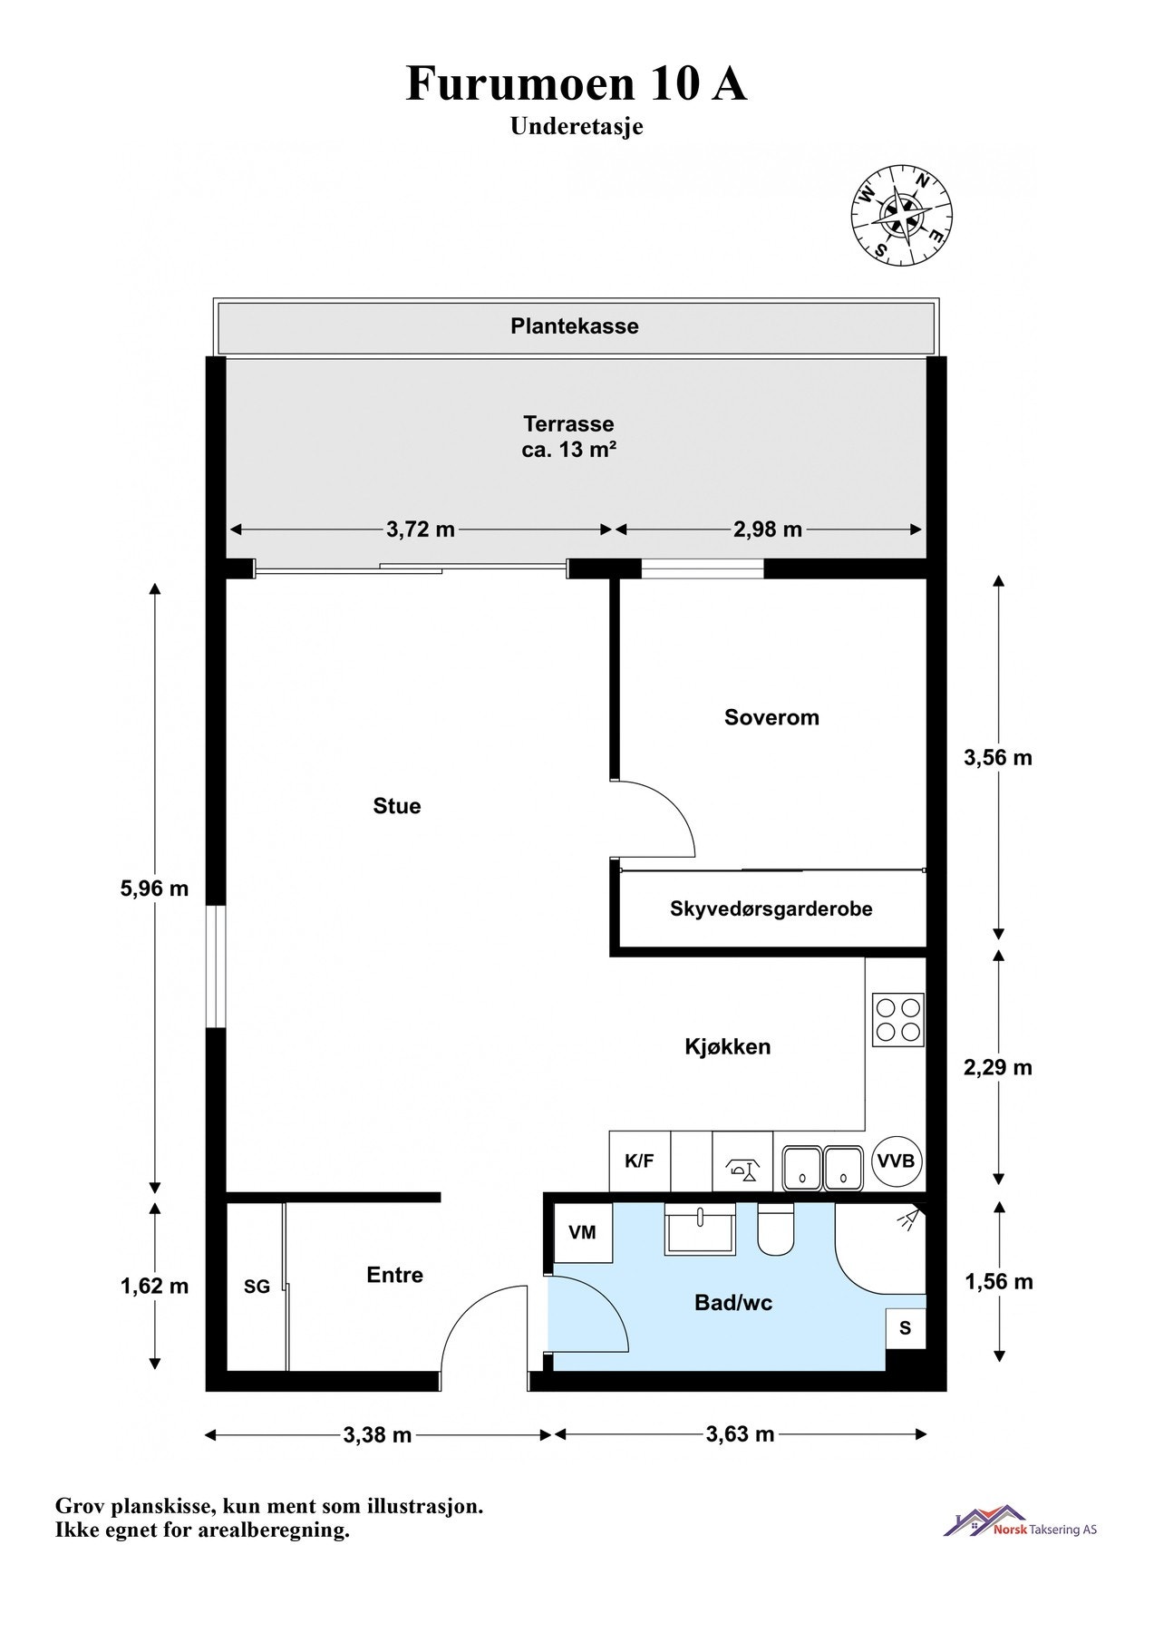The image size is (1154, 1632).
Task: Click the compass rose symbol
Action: tap(901, 215)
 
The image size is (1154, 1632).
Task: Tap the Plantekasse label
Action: tap(574, 326)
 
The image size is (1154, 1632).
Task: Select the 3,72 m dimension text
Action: tap(421, 529)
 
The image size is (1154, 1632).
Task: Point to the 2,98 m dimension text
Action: tap(768, 529)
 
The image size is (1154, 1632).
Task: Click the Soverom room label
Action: tap(771, 717)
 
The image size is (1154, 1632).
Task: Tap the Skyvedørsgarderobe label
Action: tap(771, 908)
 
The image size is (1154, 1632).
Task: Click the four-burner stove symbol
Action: tap(897, 1020)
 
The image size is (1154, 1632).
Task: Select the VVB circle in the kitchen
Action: tap(897, 1161)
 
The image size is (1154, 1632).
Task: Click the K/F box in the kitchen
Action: tap(639, 1161)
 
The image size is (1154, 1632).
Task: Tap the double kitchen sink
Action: tap(822, 1167)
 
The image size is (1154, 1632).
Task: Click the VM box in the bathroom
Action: tap(582, 1232)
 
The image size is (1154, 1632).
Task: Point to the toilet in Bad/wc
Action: tap(775, 1229)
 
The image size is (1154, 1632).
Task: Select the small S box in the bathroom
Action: tap(905, 1329)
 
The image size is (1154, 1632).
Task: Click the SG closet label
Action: tap(257, 1287)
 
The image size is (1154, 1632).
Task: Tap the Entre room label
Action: tap(394, 1275)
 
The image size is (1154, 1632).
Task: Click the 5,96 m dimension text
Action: tap(154, 889)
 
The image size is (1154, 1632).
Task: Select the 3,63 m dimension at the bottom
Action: tap(740, 1434)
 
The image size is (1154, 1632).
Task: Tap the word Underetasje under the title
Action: tap(577, 126)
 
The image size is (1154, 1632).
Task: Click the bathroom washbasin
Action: tap(699, 1230)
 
